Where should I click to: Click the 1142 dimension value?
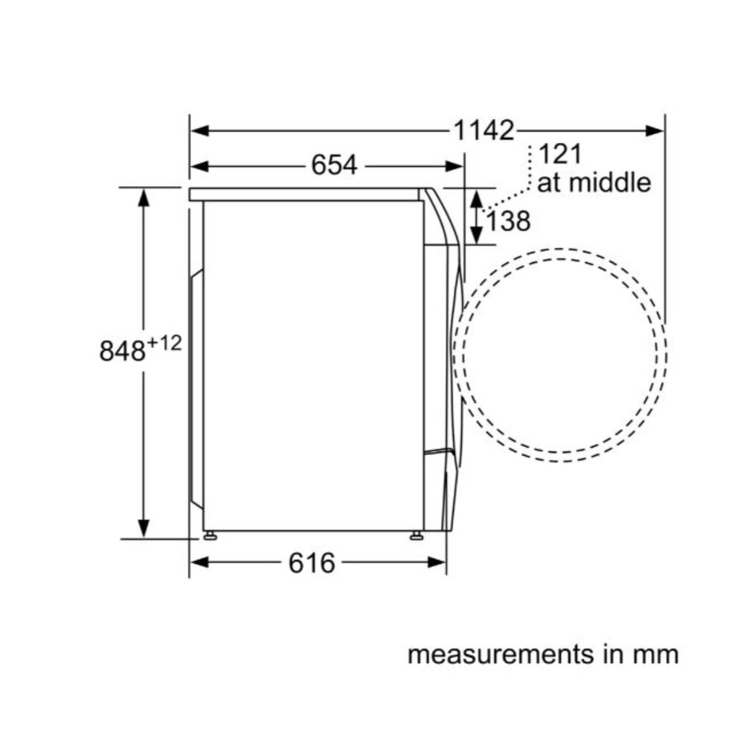pos(485,131)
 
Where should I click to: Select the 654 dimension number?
pos(334,165)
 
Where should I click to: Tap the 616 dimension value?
pos(311,563)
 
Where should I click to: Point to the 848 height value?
pos(122,351)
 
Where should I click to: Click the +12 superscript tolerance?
pos(165,343)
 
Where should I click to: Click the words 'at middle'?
pos(593,183)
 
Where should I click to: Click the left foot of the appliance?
pos(211,535)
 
